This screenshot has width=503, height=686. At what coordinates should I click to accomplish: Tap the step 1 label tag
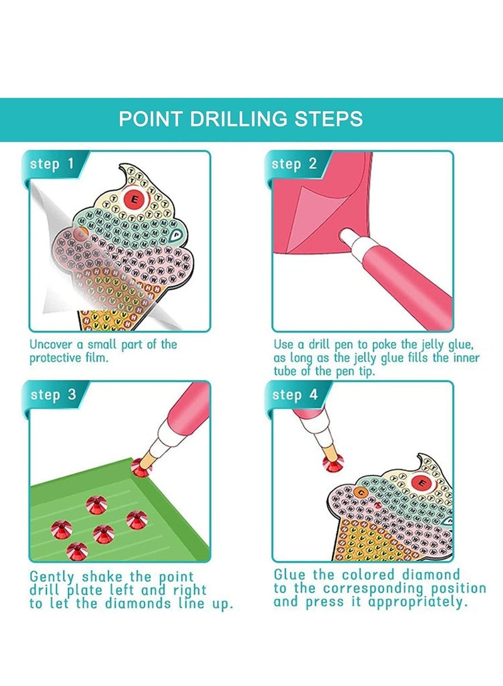(x=52, y=165)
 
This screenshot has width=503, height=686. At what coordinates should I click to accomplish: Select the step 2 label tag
(x=294, y=165)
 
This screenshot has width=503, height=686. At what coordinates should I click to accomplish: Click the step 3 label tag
(x=52, y=395)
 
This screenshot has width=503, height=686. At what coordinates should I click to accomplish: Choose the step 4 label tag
(x=294, y=395)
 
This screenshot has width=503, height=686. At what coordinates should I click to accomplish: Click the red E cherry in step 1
(x=133, y=200)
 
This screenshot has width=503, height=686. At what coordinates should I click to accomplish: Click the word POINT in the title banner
(x=148, y=119)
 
